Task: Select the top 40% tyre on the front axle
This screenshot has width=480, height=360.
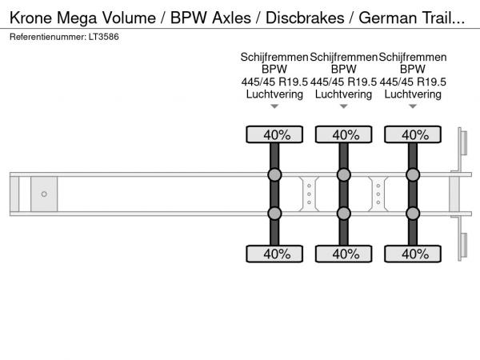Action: tap(274, 134)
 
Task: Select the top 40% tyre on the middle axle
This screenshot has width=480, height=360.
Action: tap(343, 134)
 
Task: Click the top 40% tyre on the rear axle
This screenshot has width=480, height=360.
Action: tap(413, 134)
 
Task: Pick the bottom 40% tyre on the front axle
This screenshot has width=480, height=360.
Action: tap(274, 254)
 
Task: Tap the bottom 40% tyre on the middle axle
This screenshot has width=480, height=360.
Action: tap(343, 254)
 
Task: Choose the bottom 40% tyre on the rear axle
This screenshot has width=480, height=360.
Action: tap(413, 254)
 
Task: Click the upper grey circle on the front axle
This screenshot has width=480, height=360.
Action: tap(274, 175)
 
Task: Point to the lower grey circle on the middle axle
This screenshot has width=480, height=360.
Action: tap(343, 213)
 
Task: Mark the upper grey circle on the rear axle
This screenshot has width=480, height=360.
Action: tap(413, 175)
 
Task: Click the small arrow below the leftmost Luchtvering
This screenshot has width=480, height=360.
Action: tap(274, 106)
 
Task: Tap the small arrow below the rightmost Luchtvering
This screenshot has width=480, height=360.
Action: tap(413, 106)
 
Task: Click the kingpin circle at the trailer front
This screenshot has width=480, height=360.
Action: tap(45, 194)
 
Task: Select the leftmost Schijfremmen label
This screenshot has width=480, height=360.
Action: tap(274, 58)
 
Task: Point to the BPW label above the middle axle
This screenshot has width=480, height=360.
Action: tap(343, 70)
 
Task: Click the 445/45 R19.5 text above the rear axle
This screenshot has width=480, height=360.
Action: tap(413, 82)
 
